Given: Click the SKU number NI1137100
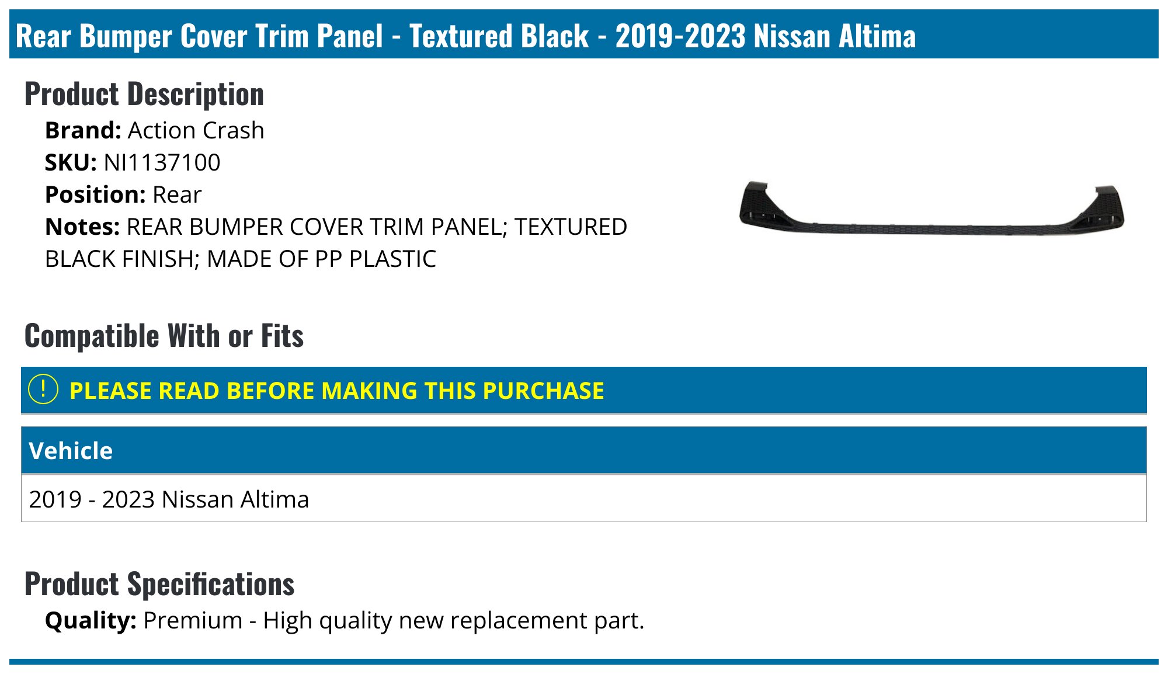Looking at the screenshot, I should pos(162,162).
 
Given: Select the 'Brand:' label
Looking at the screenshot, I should pos(83,130).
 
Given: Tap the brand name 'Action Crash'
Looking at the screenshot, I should pos(196,130).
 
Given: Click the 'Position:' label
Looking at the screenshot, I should pos(95,194).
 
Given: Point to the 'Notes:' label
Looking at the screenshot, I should pos(82,227).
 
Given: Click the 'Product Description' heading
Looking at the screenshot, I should pos(144,94).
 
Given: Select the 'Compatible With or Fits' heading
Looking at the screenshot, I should pos(164,336).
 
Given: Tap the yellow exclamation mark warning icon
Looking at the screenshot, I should pos(43,390).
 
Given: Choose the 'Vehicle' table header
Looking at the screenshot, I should pos(71,451).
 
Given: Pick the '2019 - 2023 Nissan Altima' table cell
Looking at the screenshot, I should pos(169,499).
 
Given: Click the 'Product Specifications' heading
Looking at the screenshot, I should pos(159,584).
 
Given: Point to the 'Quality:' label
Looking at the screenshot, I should pos(91,620).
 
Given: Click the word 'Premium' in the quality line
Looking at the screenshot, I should pos(193,620).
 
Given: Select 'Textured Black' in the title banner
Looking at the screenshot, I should pos(499,36).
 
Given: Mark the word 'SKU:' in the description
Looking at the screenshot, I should pos(71,162).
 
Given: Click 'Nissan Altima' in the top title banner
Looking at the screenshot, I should pos(835,36).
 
